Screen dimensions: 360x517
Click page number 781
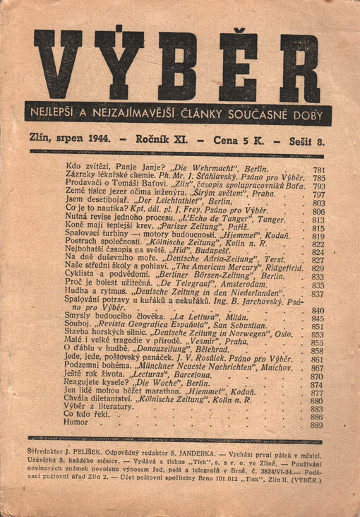click(x=318, y=170)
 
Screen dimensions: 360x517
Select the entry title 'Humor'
click(x=76, y=425)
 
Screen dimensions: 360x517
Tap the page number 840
click(x=317, y=310)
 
